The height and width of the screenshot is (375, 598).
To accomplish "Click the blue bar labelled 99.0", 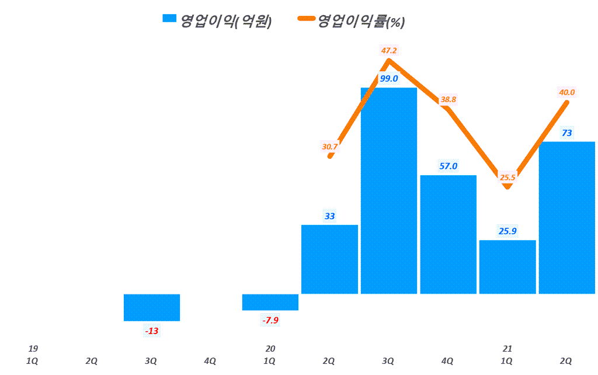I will tap(389, 193).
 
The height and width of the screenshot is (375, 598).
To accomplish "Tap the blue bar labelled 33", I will tap(329, 259).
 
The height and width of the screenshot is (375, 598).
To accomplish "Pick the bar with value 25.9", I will tap(507, 267).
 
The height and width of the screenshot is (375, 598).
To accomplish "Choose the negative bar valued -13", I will tap(152, 307).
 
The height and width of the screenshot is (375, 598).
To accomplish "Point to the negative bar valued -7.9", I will tap(270, 302).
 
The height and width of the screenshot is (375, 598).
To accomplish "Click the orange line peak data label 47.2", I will tap(389, 51).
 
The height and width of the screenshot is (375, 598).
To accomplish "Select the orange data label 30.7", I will tap(330, 147).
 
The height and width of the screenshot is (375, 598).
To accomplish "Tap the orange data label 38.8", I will tap(448, 99).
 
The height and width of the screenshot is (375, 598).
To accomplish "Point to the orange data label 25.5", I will tap(507, 178).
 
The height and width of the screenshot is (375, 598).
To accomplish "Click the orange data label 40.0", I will tap(567, 92).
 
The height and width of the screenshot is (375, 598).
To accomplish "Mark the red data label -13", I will tap(152, 331).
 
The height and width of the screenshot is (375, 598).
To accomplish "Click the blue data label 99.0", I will tap(389, 78).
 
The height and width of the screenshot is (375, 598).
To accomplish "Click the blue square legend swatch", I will tap(169, 19).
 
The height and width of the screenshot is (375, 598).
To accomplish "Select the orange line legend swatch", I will tap(306, 19).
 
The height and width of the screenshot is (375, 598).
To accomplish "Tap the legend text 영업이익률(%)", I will tap(361, 22).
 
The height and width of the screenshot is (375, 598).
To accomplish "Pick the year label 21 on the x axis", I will tap(507, 349).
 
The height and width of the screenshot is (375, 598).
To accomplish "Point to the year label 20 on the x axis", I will tap(270, 349).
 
